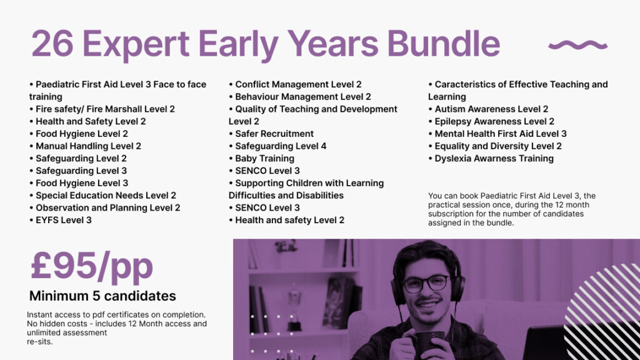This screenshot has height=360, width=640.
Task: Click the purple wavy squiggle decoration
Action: click(x=577, y=45)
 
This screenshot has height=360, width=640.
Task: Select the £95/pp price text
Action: click(x=91, y=267)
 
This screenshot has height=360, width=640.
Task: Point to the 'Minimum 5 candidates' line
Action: click(x=102, y=296)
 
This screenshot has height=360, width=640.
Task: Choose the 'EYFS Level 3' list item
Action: click(x=61, y=220)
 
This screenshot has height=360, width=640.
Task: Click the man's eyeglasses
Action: click(x=426, y=283)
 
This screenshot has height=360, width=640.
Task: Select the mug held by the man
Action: click(x=427, y=343)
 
